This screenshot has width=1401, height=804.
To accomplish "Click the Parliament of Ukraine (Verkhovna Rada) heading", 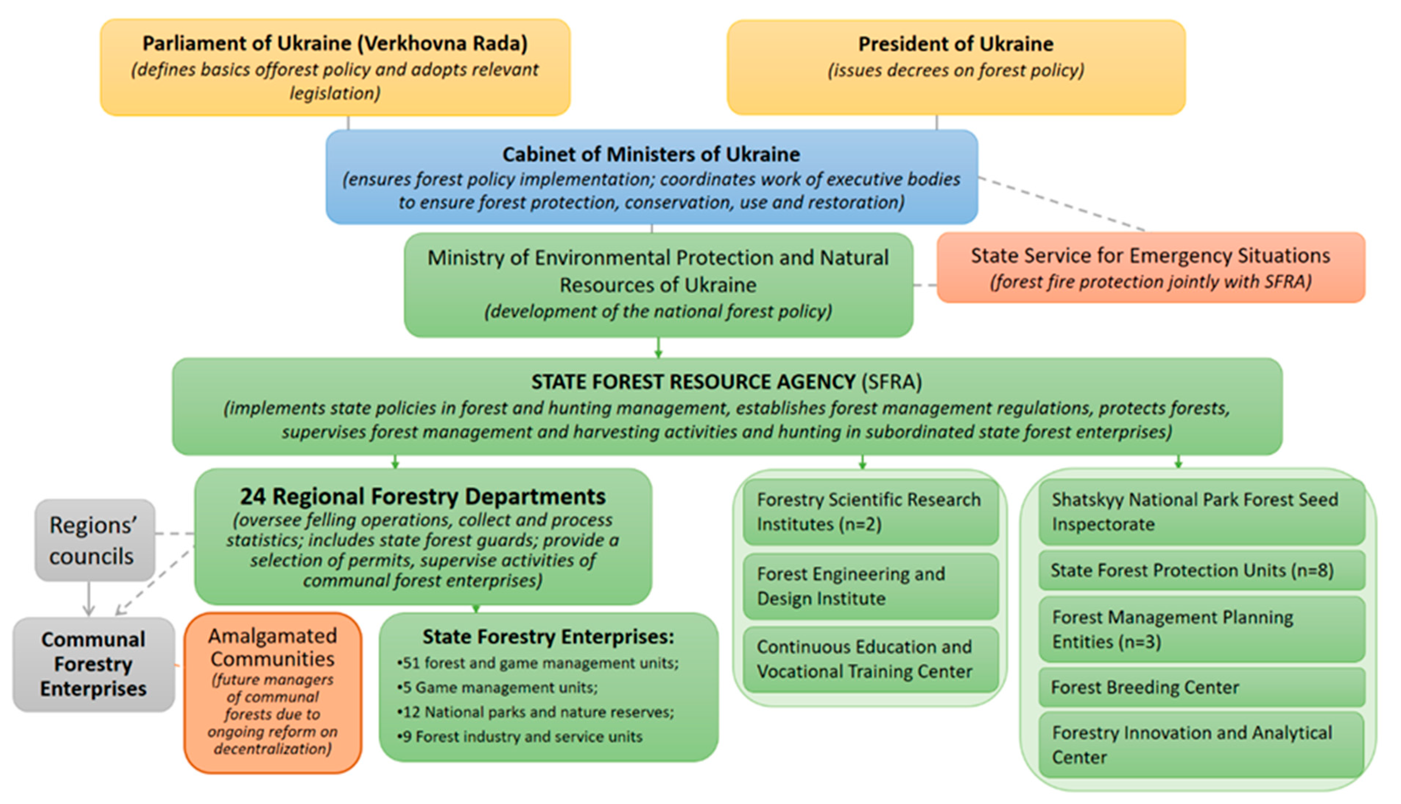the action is point(335,43).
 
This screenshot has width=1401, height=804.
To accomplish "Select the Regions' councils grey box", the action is point(94,540).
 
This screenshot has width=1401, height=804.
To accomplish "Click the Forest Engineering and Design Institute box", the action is point(870,586).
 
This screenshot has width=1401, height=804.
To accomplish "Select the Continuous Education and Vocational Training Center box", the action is point(870,659).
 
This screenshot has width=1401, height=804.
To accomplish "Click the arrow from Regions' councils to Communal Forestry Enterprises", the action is point(88,599).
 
